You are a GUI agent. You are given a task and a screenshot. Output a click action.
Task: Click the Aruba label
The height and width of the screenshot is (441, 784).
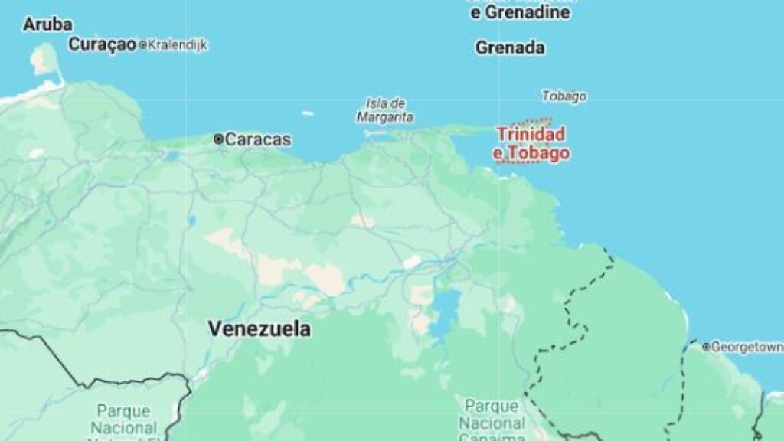pyautogui.click(x=47, y=24)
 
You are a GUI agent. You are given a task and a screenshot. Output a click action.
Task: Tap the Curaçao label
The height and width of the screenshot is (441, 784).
pyautogui.click(x=102, y=44)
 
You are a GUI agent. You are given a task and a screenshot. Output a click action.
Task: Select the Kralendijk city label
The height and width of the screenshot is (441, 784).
pyautogui.click(x=177, y=45)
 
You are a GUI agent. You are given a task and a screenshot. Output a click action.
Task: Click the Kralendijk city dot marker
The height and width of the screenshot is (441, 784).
pyautogui.click(x=142, y=45)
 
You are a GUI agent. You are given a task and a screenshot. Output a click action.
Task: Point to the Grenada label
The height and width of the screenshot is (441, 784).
pyautogui.click(x=510, y=47)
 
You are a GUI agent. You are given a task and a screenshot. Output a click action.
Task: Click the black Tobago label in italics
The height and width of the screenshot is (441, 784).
pyautogui.click(x=564, y=96)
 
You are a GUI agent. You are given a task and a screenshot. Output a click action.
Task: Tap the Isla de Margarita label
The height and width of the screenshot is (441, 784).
pyautogui.click(x=385, y=110)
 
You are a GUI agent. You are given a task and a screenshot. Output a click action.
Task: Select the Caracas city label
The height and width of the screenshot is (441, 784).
pyautogui.click(x=258, y=139)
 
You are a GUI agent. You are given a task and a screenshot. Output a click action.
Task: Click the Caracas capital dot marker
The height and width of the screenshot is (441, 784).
pyautogui.click(x=219, y=139)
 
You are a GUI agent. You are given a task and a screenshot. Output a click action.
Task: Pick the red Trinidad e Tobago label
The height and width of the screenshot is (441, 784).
pyautogui.click(x=531, y=144)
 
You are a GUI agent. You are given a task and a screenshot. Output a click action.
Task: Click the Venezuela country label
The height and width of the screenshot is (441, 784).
pyautogui.click(x=260, y=329)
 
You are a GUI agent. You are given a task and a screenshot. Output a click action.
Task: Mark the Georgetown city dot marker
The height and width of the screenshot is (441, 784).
pyautogui.click(x=706, y=347)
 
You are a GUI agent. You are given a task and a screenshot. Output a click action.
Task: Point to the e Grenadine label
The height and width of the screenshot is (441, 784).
pyautogui.click(x=519, y=12)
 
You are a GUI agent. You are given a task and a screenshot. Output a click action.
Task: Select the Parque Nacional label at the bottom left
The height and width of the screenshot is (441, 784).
pyautogui.click(x=124, y=420)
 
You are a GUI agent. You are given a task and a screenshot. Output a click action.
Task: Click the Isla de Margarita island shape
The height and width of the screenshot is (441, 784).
pyautogui.click(x=378, y=131)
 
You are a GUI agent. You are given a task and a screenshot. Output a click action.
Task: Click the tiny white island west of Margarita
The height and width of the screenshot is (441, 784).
pyautogui.click(x=307, y=114)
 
